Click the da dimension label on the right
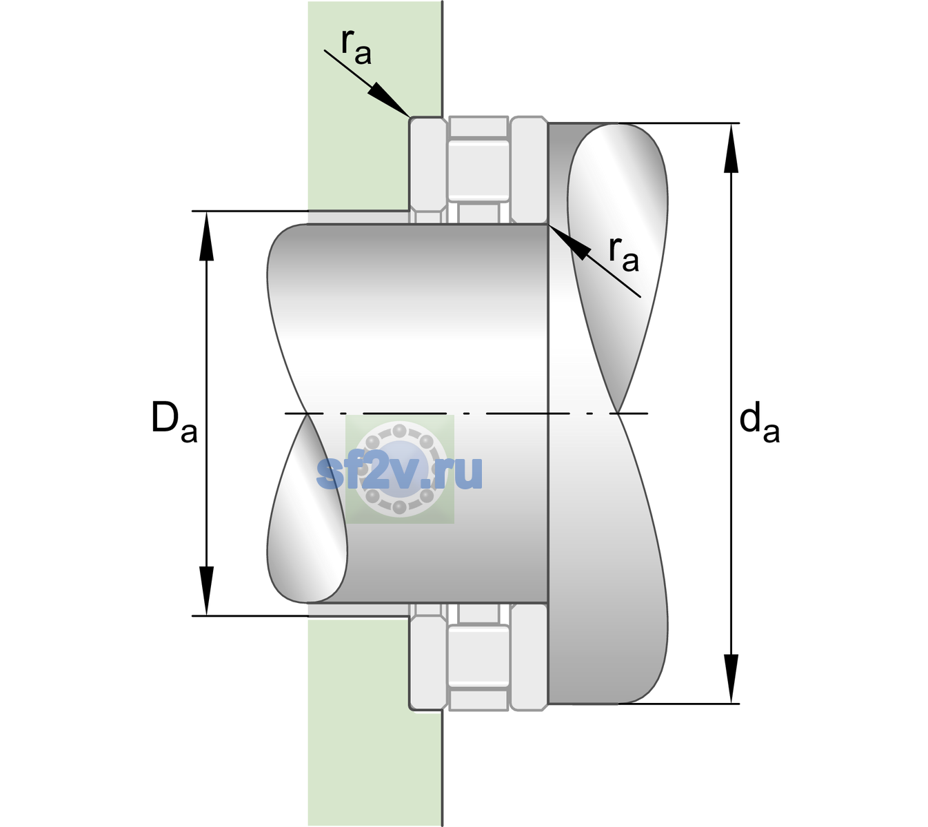pos(759,425)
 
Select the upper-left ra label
pos(356,48)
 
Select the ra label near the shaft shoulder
pos(623,255)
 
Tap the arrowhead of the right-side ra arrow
pos(569,241)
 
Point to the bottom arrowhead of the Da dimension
pos(207,590)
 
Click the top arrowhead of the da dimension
pos(731,148)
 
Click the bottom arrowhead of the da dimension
pos(731,679)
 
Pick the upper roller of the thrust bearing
pos(478,170)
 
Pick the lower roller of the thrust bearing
pos(478,656)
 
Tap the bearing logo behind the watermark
pos(399,469)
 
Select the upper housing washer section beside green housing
pos(427,170)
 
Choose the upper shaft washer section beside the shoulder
pos(529,170)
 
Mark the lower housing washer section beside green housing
pos(427,657)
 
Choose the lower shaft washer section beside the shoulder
pos(529,657)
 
